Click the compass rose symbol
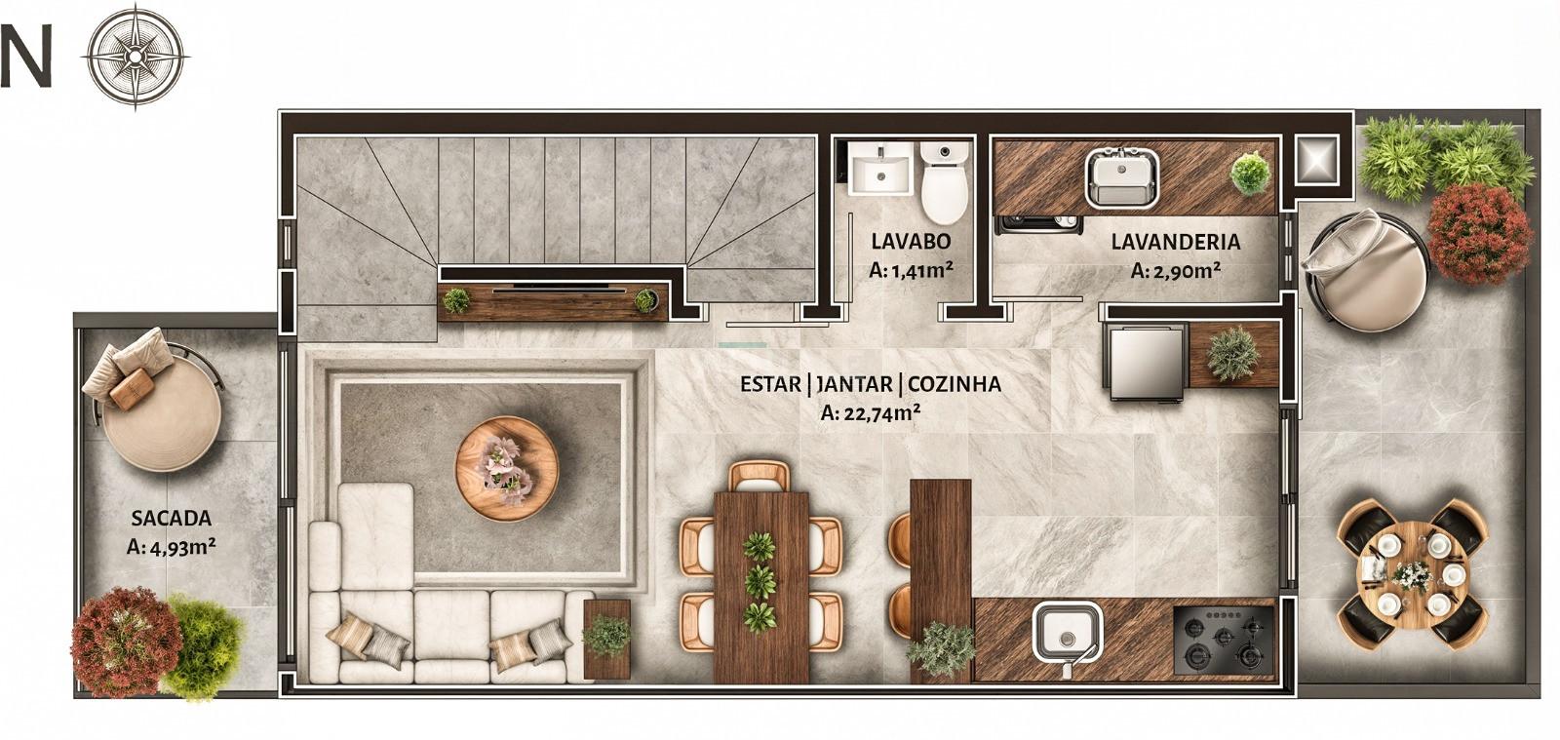(136, 56)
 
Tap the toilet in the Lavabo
(945, 181)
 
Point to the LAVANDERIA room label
(1176, 242)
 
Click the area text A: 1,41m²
(911, 269)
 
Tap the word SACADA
(172, 518)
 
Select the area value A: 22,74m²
(871, 412)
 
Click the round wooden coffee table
(507, 469)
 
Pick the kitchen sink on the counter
(1067, 634)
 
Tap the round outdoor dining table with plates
(1413, 574)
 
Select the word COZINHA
(955, 383)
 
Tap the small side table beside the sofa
(606, 639)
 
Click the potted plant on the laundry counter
(1251, 174)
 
